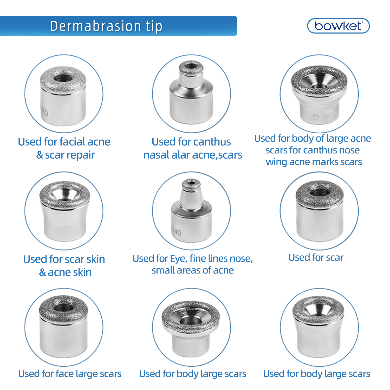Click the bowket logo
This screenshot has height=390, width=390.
click(338, 26)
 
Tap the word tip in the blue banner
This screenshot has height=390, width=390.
click(154, 27)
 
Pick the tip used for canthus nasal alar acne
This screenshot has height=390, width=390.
click(191, 94)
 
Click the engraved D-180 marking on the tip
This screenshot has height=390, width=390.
click(323, 116)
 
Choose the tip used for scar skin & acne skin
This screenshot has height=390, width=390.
click(64, 211)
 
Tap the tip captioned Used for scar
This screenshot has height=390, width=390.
click(320, 211)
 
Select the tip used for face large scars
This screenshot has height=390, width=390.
click(63, 328)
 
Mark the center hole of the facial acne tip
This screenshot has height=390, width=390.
click(62, 78)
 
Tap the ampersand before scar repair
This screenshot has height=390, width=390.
click(40, 155)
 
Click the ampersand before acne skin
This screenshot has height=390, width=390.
click(42, 272)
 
